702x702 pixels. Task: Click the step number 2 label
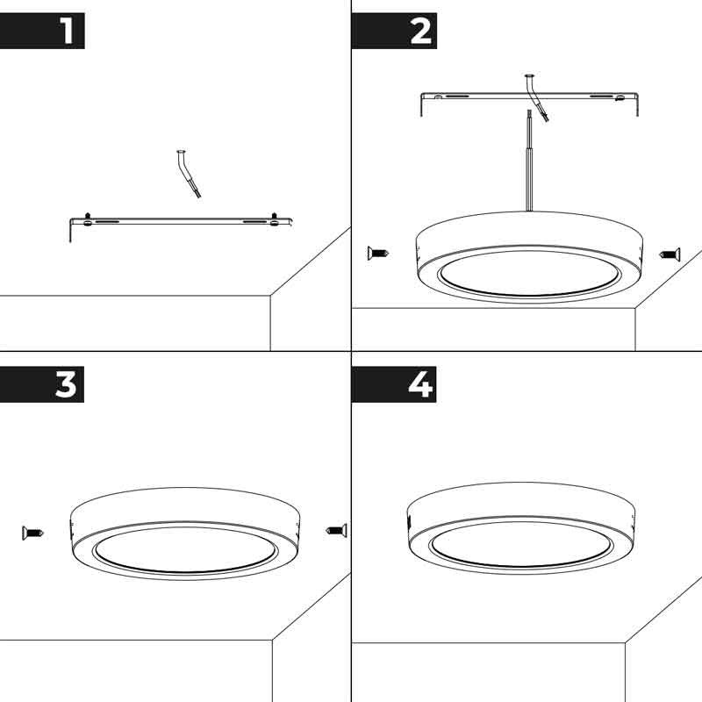420,32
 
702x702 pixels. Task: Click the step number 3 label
67,384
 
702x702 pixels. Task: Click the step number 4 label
420,384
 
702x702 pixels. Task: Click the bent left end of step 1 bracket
71,231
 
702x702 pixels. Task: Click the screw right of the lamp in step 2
670,254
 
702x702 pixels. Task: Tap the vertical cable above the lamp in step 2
528,167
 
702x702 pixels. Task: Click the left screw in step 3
32,532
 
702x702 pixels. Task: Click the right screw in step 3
336,530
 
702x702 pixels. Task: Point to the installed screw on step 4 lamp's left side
410,521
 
